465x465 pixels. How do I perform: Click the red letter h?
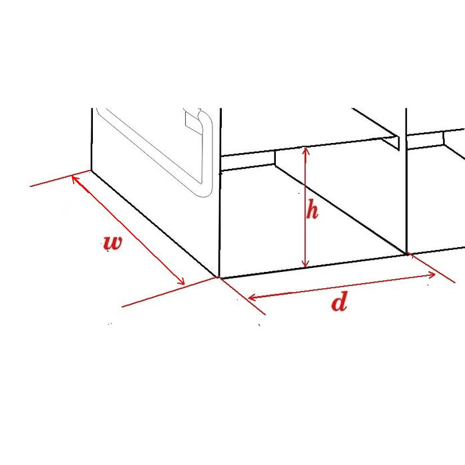pyautogui.click(x=312, y=211)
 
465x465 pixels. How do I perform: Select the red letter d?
pyautogui.click(x=339, y=303)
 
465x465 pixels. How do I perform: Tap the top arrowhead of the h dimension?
pyautogui.click(x=305, y=150)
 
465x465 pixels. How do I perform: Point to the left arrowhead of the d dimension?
pyautogui.click(x=252, y=297)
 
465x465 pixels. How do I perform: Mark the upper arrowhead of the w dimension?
pyautogui.click(x=75, y=176)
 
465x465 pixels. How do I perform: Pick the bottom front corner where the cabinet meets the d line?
pyautogui.click(x=219, y=277)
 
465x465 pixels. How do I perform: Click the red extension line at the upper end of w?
pyautogui.click(x=50, y=181)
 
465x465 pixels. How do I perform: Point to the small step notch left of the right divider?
pyautogui.click(x=394, y=140)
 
